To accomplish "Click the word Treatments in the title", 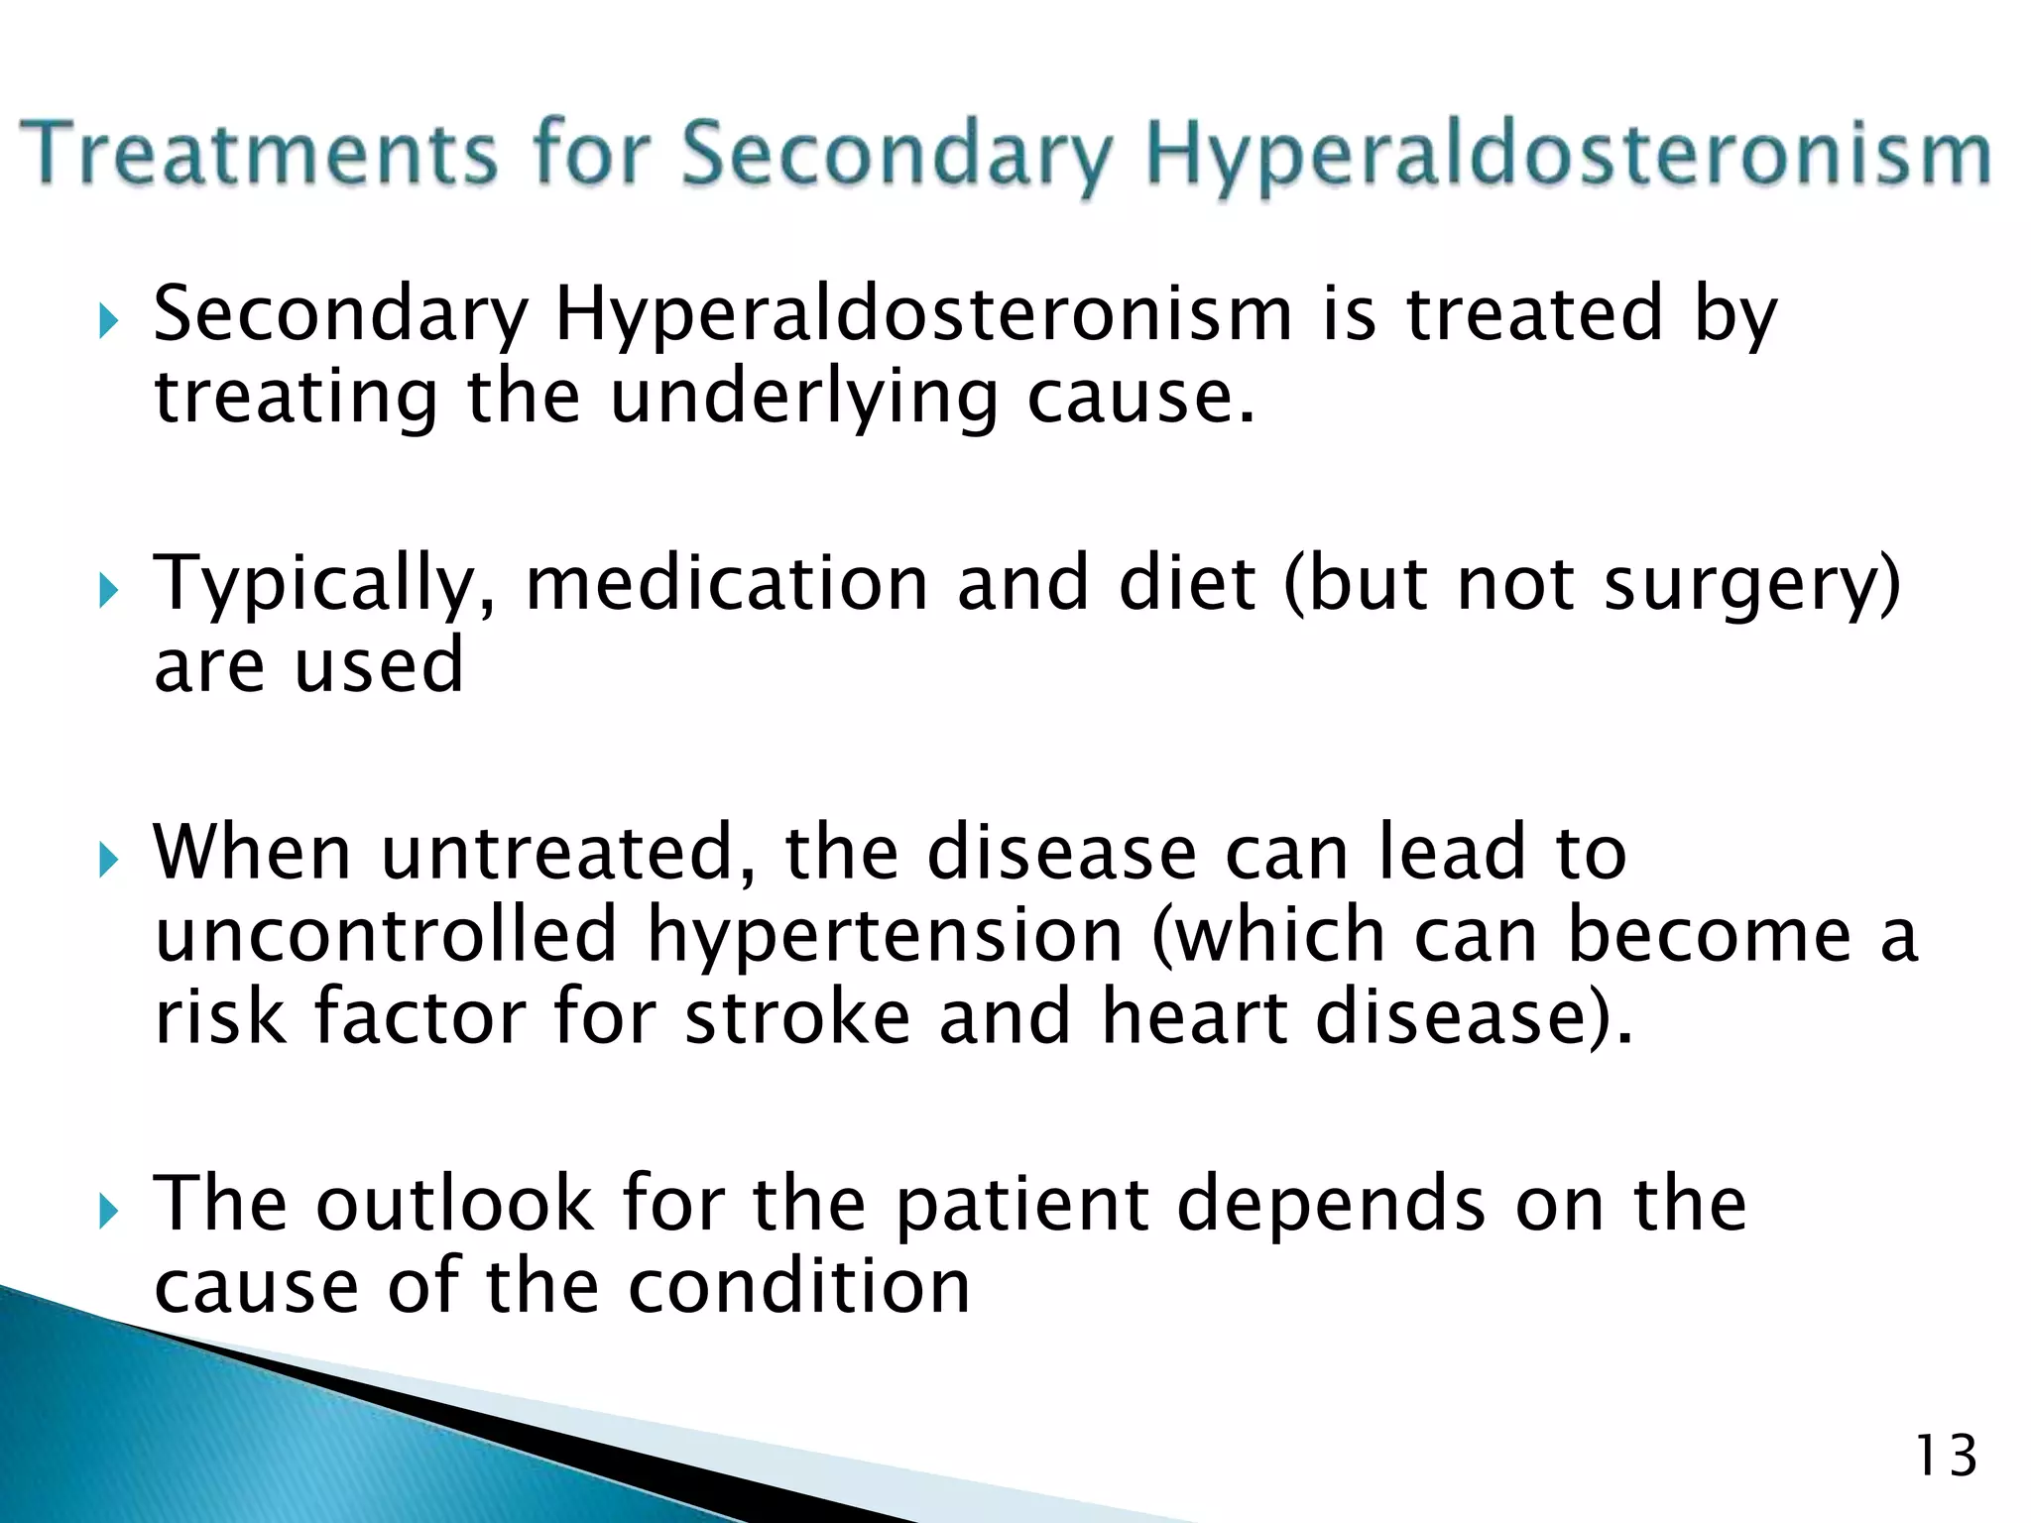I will [260, 154].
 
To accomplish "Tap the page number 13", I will [1946, 1457].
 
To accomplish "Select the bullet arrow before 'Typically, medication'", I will [109, 592].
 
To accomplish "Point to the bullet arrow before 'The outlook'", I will [109, 1212].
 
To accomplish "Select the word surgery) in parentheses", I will [1751, 585].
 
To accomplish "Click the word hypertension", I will [886, 936].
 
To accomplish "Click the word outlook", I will [454, 1204].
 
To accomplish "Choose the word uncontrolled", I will [387, 936].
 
